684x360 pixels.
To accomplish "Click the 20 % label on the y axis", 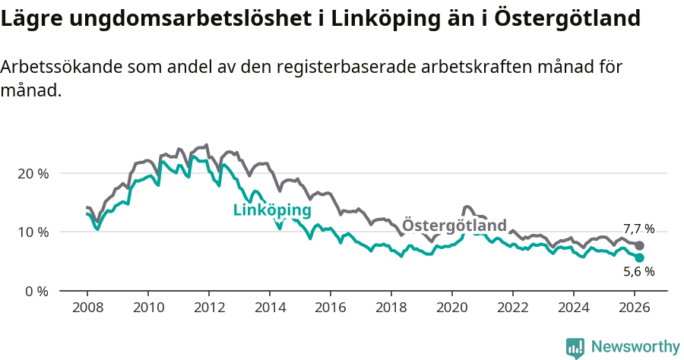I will [33, 173].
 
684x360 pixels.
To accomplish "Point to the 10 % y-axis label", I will [33, 232].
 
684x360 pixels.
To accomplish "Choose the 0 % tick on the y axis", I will [36, 291].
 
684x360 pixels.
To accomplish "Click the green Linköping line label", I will [272, 210].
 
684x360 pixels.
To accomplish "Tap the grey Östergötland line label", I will [454, 226].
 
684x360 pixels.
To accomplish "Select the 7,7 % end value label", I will [638, 229].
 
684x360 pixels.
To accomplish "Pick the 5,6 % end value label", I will [638, 271].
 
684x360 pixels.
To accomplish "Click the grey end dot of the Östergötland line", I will [640, 245].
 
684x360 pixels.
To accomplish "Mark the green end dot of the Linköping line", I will [640, 258].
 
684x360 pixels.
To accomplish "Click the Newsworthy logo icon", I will [575, 348].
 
